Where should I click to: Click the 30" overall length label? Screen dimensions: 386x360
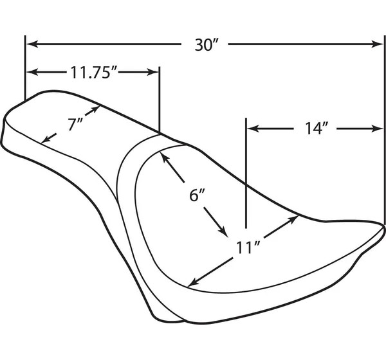tap(207, 45)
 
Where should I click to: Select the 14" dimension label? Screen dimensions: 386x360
tap(317, 129)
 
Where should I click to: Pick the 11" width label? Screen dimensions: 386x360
tap(248, 248)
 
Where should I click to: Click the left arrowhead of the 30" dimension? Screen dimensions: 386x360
tap(32, 44)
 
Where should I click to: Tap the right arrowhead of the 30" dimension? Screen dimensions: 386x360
tap(377, 44)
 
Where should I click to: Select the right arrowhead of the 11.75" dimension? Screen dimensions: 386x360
tap(152, 72)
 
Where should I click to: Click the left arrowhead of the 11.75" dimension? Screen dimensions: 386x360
tap(32, 72)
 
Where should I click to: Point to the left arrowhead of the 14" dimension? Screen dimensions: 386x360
tap(253, 129)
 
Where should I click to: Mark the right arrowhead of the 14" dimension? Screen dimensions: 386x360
tap(377, 129)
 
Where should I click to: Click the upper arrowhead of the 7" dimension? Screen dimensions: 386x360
tap(95, 109)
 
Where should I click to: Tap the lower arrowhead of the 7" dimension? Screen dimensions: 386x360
tap(45, 139)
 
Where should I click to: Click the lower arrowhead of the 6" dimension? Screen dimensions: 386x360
tap(222, 231)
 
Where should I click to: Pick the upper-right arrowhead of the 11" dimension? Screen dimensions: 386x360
tap(293, 219)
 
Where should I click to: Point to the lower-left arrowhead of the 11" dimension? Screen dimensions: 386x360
tap(194, 283)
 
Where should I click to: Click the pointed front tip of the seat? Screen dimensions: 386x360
tap(383, 227)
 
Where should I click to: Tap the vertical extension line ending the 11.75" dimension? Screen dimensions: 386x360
tap(160, 100)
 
